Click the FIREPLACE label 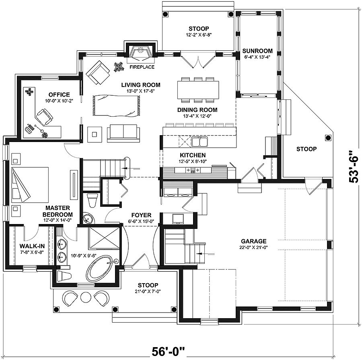(142, 67)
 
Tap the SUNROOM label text (257, 51)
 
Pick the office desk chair (44, 117)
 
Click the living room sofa (123, 133)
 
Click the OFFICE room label (60, 95)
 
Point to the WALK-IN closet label (30, 246)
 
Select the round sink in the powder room (88, 218)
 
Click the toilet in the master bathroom (64, 276)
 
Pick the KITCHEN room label (193, 155)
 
